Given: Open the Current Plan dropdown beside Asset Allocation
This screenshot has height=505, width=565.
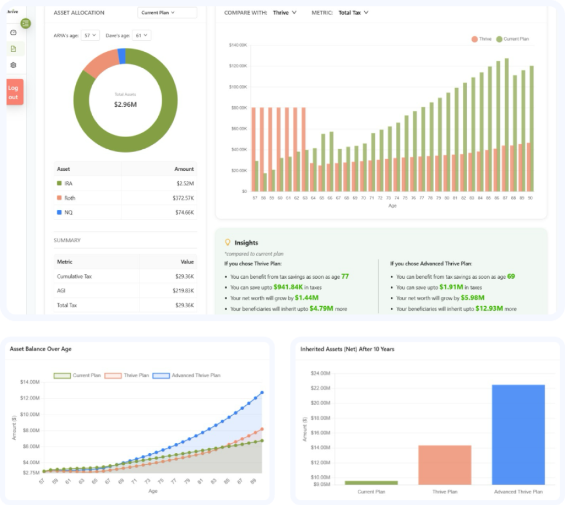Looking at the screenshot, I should pos(167,12).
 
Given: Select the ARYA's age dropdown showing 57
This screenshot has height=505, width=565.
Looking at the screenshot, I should pos(90,36).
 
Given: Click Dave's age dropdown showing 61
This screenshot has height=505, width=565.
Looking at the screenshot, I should pos(141,36).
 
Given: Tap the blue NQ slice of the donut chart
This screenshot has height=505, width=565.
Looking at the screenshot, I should pos(121,56).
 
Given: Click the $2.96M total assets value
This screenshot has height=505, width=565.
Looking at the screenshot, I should pos(125,105).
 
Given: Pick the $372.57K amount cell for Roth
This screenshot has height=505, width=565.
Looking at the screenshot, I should pos(183,198).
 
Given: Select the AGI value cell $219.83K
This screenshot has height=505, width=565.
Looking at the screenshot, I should pos(183,290).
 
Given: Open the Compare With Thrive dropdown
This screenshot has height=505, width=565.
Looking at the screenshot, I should pos(285,12).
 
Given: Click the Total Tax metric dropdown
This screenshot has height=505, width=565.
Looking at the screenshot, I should pos(353,12).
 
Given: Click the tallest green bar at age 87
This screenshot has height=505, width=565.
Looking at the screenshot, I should pos(507,125).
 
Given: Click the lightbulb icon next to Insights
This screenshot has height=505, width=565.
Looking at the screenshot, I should pos(228,242).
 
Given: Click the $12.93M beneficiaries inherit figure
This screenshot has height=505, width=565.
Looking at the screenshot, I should pos(489,308).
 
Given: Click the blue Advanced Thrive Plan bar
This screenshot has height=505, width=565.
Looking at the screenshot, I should pos(518,434).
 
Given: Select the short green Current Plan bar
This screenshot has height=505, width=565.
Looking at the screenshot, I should pos(371,482).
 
